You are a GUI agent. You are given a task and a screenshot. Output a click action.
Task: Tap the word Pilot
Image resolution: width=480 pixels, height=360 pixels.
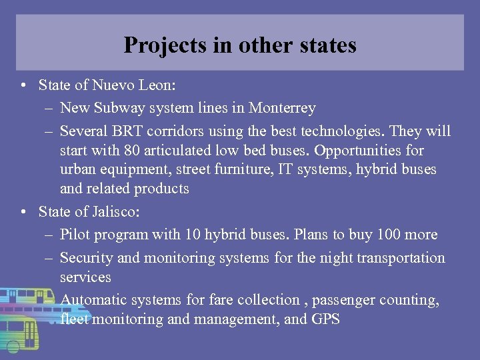75,235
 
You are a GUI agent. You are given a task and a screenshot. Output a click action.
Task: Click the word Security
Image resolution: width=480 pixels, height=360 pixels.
86,257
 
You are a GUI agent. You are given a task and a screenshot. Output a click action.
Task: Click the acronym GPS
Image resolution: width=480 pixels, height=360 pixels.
325,319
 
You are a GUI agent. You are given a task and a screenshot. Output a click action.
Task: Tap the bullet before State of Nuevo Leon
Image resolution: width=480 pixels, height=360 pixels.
23,85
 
